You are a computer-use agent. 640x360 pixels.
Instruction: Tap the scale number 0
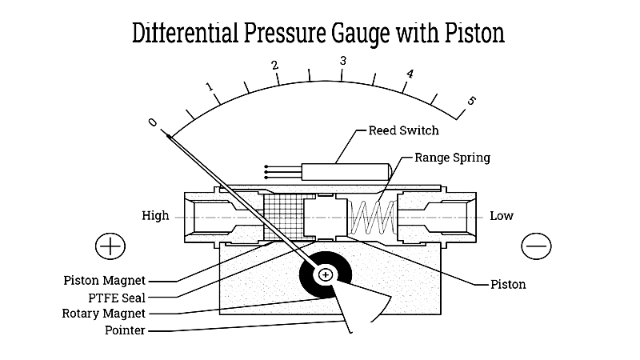pyautogui.click(x=152, y=122)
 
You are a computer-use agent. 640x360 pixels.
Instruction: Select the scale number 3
pyautogui.click(x=343, y=62)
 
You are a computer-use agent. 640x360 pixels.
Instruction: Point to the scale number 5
pyautogui.click(x=471, y=101)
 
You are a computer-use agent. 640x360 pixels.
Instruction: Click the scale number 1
pyautogui.click(x=210, y=86)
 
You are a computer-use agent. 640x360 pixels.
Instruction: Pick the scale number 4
pyautogui.click(x=410, y=74)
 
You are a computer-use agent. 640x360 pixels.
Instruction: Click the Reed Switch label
pyautogui.click(x=403, y=130)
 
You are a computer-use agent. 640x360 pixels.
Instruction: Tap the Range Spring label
pyautogui.click(x=452, y=158)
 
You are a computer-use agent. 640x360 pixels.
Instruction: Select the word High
pyautogui.click(x=155, y=215)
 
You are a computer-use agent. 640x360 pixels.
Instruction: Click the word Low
pyautogui.click(x=502, y=215)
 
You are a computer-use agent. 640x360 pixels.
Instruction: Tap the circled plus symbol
pyautogui.click(x=110, y=246)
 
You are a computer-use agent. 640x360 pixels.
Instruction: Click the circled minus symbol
pyautogui.click(x=536, y=246)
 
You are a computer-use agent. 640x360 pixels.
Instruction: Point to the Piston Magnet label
pyautogui.click(x=105, y=281)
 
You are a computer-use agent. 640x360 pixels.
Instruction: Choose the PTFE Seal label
pyautogui.click(x=117, y=298)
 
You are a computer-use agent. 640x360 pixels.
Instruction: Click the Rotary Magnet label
pyautogui.click(x=104, y=314)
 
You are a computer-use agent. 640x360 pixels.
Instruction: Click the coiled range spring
pyautogui.click(x=371, y=217)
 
